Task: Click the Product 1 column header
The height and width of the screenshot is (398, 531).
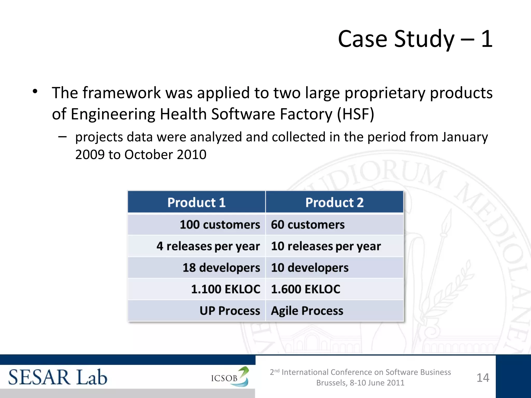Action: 196,202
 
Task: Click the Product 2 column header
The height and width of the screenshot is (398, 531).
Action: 334,202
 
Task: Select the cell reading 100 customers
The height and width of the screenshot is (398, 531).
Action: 220,224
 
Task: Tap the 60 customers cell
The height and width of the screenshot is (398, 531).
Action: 308,224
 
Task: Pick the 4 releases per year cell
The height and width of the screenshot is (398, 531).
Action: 208,246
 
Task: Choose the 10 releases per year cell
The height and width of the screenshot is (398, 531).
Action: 326,246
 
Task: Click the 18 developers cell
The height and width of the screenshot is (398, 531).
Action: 221,268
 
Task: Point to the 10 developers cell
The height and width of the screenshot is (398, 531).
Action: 310,268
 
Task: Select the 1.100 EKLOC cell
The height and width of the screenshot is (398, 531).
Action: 226,289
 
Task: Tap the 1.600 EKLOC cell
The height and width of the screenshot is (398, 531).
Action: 305,289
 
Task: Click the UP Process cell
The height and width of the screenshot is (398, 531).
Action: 230,311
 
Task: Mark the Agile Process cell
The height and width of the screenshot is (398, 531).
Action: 307,311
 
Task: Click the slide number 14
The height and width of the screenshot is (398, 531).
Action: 483,378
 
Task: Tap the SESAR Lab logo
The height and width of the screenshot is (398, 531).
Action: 58,377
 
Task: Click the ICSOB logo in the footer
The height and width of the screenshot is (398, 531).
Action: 230,377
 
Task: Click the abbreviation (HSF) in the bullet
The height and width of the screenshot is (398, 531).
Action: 355,114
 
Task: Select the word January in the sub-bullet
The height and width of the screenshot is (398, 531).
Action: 465,137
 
